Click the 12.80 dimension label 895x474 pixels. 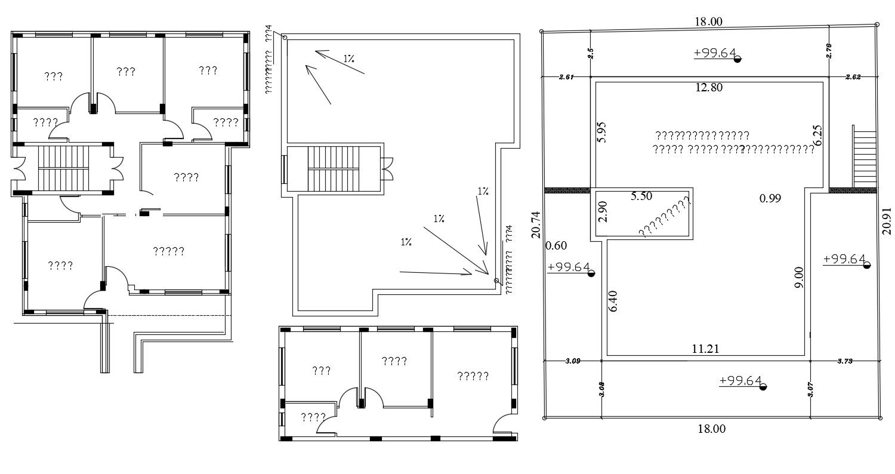(x=709, y=87)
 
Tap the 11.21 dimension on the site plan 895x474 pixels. (x=705, y=349)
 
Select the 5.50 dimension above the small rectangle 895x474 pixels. (x=641, y=196)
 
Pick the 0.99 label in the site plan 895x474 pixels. (x=770, y=199)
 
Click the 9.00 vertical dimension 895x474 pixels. (x=800, y=278)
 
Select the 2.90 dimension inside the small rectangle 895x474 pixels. (x=603, y=211)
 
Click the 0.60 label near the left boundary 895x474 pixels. (x=556, y=245)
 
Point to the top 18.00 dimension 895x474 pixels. (x=708, y=22)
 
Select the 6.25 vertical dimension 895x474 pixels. (x=818, y=135)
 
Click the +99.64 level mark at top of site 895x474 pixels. (x=715, y=53)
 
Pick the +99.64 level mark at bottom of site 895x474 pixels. (x=740, y=381)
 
